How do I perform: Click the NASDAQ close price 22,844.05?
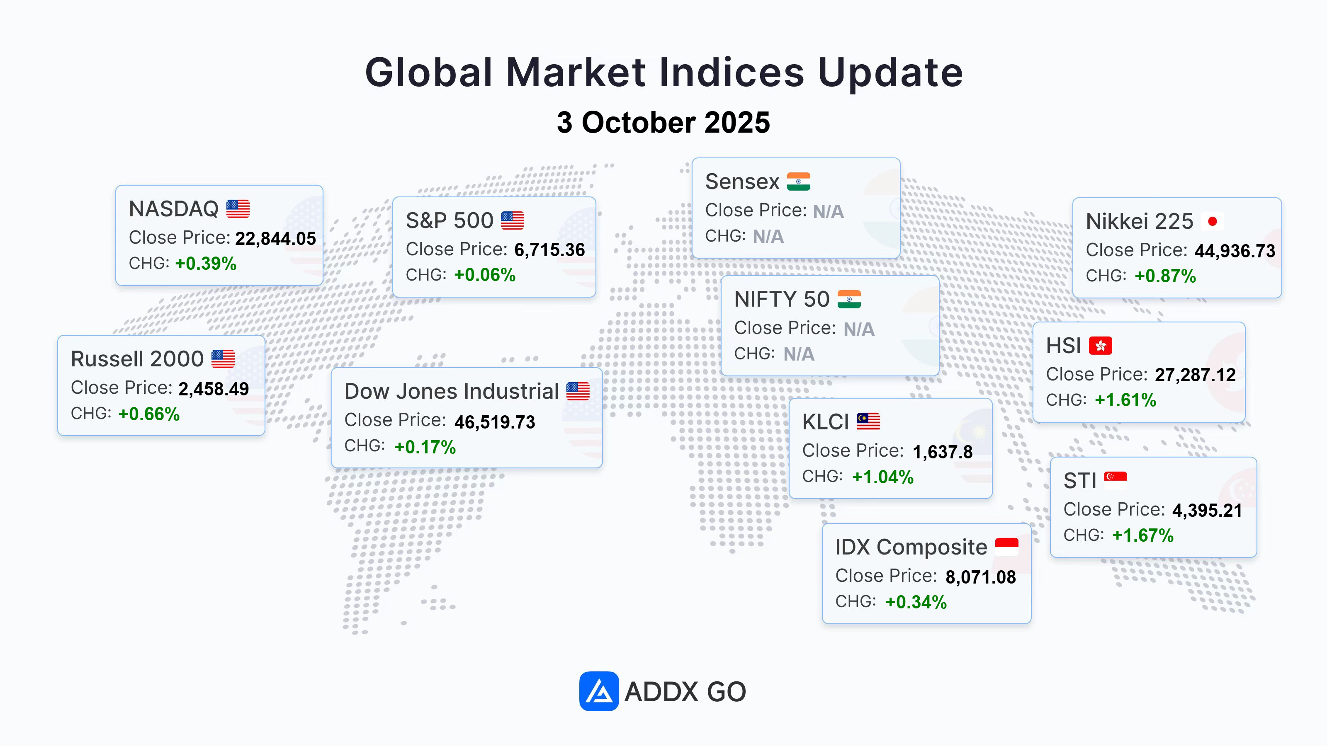point(276,238)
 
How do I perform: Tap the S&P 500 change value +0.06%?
point(485,275)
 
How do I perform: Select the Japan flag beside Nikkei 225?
point(1212,221)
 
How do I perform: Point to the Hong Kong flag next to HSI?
point(1100,346)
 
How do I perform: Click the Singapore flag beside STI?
point(1115,480)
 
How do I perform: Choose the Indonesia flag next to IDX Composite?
point(1006,546)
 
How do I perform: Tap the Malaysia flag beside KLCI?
point(868,421)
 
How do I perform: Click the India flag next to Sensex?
point(798,181)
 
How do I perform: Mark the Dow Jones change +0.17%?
point(425,447)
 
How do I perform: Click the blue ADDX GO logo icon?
point(598,691)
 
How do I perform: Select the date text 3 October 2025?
point(663,123)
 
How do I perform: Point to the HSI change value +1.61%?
point(1125,400)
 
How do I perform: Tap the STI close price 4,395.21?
point(1207,510)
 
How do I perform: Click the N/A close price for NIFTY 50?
point(859,329)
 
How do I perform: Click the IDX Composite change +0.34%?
point(916,602)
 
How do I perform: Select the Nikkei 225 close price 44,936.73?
point(1235,251)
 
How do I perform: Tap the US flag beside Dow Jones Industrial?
point(578,391)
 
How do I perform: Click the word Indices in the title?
point(732,72)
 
